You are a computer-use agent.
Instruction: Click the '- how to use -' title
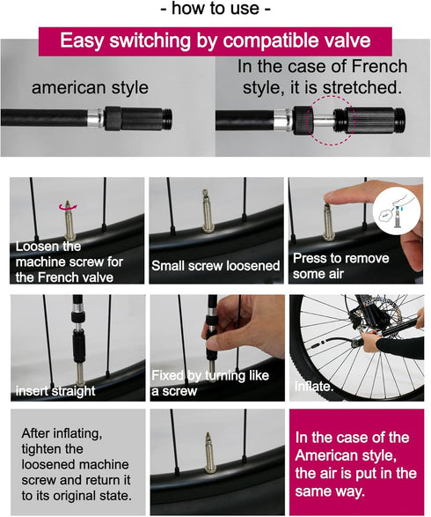coord(215,9)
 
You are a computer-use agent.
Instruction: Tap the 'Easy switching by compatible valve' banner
coord(215,41)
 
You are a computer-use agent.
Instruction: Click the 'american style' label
coord(90,88)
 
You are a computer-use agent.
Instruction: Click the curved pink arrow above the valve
coord(68,207)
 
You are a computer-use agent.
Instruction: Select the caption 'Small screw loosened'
coord(215,266)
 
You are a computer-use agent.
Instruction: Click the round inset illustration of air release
coord(398,211)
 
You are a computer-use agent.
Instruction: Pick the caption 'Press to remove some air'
coord(340,266)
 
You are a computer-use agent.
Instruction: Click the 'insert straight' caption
coord(55,391)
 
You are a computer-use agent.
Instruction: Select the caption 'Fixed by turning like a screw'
coord(210,383)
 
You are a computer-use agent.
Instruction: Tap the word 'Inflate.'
coord(314,386)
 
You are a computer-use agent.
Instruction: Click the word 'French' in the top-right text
coord(379,66)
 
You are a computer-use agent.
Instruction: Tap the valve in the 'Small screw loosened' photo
coord(208,211)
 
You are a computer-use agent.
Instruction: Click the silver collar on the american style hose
coord(96,118)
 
